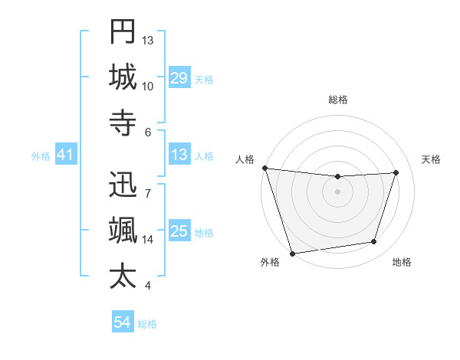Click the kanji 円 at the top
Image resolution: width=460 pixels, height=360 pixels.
click(x=123, y=33)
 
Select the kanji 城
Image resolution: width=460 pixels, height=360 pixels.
click(x=123, y=77)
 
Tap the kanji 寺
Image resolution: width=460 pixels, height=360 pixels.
click(x=123, y=121)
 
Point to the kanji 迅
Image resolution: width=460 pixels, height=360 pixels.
click(x=123, y=185)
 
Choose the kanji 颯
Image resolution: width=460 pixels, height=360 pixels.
click(x=123, y=230)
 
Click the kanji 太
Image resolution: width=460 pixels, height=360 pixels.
click(x=123, y=276)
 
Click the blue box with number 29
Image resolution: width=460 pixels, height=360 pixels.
click(x=179, y=78)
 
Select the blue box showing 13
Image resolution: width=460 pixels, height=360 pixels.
click(x=179, y=155)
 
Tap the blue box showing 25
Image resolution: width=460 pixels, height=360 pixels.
click(x=179, y=232)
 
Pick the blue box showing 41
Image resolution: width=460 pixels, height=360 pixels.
click(x=65, y=155)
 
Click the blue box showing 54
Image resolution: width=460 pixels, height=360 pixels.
click(x=122, y=323)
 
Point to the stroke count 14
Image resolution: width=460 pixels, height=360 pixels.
click(x=148, y=240)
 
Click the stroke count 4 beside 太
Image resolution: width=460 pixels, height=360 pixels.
click(x=147, y=286)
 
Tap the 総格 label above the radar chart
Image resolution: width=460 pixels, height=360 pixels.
click(x=337, y=100)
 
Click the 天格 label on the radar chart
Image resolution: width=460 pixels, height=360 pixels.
click(x=431, y=159)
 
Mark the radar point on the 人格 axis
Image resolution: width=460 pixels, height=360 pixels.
click(x=264, y=168)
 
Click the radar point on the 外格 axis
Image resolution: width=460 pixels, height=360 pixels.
click(x=292, y=253)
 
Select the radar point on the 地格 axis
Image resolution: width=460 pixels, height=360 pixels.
click(x=374, y=242)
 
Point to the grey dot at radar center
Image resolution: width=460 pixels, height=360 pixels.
click(x=337, y=191)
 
